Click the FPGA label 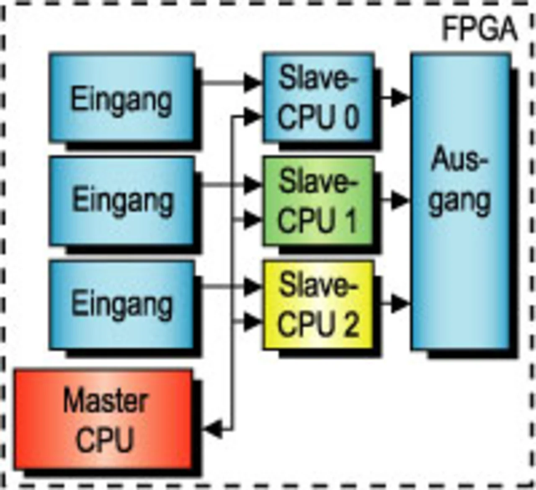point(480,29)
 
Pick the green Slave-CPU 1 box point(318,201)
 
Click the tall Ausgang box point(461,201)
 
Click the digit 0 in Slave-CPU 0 point(352,116)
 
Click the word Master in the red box point(105,401)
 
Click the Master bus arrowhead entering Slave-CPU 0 point(253,117)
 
